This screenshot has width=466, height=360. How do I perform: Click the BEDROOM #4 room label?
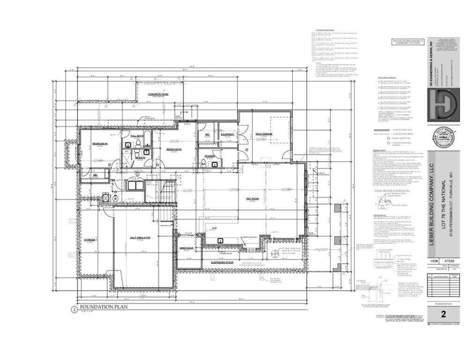pyautogui.click(x=100, y=143)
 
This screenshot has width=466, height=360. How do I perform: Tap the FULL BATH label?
pyautogui.click(x=137, y=135)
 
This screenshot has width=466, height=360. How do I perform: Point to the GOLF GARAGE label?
pyautogui.click(x=264, y=134)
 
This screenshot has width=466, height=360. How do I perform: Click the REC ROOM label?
pyautogui.click(x=253, y=198)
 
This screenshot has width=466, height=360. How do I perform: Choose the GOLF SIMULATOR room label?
pyautogui.click(x=140, y=238)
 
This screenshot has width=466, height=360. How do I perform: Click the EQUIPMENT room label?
pyautogui.click(x=227, y=134)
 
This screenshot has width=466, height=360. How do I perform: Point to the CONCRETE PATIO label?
pyautogui.click(x=158, y=94)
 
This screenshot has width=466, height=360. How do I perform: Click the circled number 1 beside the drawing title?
pyautogui.click(x=74, y=309)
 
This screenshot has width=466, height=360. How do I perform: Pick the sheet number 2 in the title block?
pyautogui.click(x=443, y=314)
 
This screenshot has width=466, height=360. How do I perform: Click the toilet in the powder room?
pyautogui.click(x=202, y=164)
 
